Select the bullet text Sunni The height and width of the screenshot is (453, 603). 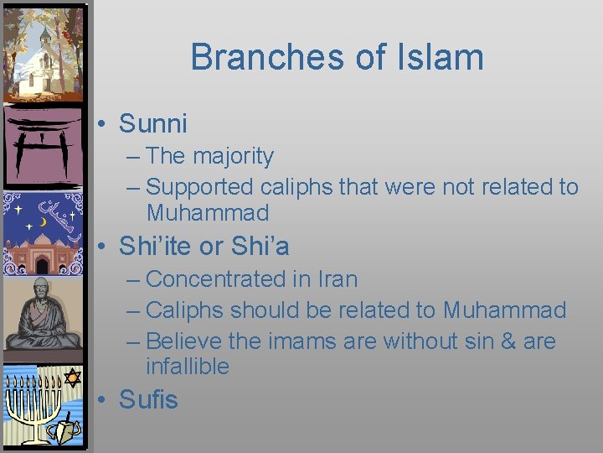(x=153, y=123)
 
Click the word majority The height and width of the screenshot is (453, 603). (x=232, y=156)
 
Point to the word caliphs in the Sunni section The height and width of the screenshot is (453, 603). (x=297, y=186)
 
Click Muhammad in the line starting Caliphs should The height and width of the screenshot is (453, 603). (x=504, y=310)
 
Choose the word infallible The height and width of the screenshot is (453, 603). (x=188, y=366)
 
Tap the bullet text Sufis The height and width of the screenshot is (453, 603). (x=149, y=399)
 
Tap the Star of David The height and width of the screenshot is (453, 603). (x=72, y=377)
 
